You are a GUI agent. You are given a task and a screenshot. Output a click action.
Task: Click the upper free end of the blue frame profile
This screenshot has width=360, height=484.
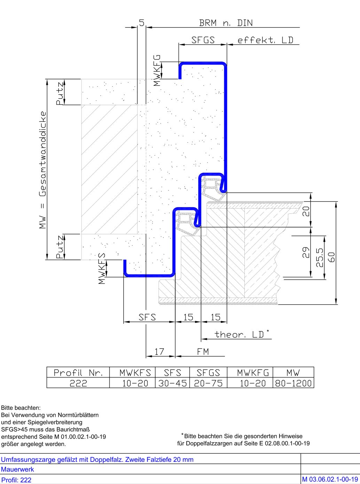pos(180,79)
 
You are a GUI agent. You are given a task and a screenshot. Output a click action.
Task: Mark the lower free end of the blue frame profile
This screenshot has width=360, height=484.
pos(125,260)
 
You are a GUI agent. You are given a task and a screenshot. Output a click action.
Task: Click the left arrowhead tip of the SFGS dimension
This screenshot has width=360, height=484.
pos(179,45)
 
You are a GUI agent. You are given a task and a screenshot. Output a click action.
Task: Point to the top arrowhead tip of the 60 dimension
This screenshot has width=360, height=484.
pos(336,202)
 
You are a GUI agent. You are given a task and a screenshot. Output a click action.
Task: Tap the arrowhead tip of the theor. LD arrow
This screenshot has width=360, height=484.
pos(201,339)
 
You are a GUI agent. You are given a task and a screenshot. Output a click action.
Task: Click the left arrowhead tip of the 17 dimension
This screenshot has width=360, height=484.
pos(146,356)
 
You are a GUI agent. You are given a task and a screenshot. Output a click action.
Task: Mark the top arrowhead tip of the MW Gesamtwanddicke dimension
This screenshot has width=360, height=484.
pos(47,79)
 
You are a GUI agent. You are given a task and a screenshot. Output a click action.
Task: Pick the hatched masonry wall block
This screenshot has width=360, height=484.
pos(110,170)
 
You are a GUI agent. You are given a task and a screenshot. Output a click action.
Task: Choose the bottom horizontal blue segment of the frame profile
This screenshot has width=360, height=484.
pos(149,275)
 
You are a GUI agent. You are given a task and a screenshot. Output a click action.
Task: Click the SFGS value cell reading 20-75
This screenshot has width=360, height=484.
pos(208,383)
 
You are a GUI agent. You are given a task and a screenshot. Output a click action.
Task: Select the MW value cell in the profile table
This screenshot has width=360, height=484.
pos(293,383)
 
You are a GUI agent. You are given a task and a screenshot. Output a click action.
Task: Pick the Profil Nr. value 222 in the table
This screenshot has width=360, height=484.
pos(78,383)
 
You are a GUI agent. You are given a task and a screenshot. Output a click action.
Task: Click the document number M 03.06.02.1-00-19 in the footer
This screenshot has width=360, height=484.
pos(330,479)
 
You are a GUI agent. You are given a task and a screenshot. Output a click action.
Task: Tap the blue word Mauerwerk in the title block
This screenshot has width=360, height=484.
pos(17,469)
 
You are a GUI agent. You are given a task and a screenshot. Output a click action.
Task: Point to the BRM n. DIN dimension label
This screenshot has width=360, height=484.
pos(226,23)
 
